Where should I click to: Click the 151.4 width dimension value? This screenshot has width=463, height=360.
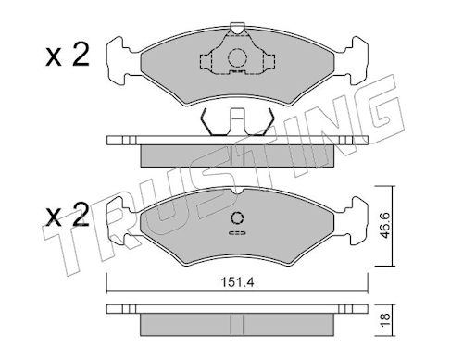click(x=237, y=282)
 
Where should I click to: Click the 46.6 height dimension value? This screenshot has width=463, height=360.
click(x=385, y=225)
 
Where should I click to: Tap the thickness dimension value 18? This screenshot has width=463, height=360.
click(x=386, y=321)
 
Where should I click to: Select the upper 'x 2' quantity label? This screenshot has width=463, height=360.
click(x=68, y=55)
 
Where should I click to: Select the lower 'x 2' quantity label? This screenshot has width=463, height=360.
click(x=68, y=215)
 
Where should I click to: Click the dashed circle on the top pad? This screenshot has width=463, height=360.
click(x=237, y=57)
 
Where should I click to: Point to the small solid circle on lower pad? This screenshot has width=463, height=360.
click(x=237, y=218)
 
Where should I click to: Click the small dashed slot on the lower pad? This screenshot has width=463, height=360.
click(x=237, y=233)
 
